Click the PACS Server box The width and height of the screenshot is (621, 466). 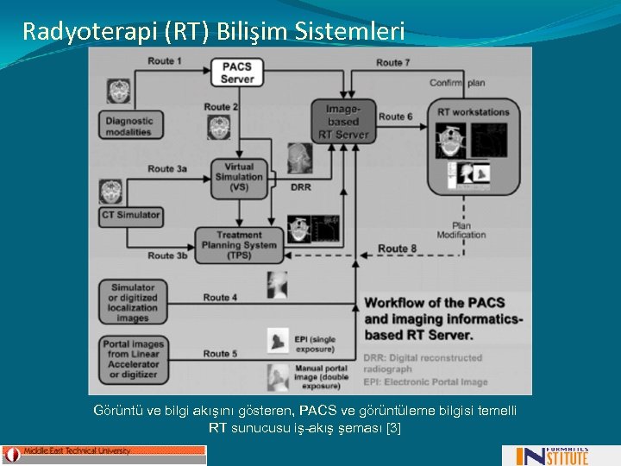[x=237, y=72]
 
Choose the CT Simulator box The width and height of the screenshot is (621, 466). [x=131, y=214]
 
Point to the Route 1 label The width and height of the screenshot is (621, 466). [x=164, y=60]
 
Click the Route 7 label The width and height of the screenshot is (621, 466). [x=393, y=63]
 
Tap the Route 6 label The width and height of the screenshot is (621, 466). [x=396, y=116]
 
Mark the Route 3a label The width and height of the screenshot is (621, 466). [x=167, y=169]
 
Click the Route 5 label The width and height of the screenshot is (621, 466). [x=220, y=353]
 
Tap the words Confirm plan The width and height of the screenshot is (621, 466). [x=459, y=83]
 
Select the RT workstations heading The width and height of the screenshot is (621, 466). [x=473, y=111]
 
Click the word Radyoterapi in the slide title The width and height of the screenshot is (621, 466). [x=75, y=32]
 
